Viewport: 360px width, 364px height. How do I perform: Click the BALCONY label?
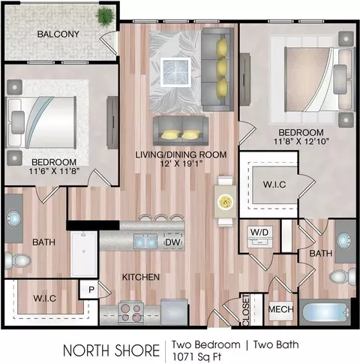click(58, 34)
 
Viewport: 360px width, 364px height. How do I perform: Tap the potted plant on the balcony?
click(105, 16)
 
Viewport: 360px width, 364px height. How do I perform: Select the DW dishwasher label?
click(173, 242)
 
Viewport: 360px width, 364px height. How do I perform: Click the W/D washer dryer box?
click(259, 236)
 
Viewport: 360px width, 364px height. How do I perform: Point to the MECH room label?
click(280, 309)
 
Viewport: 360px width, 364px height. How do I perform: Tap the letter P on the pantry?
click(91, 290)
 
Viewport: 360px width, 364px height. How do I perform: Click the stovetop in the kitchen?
click(130, 311)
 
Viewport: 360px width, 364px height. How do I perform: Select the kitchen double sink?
click(145, 242)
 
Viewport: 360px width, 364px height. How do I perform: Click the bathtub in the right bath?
click(325, 312)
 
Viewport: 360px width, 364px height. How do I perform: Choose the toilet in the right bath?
click(343, 277)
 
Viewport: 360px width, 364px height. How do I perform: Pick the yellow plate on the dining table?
click(225, 201)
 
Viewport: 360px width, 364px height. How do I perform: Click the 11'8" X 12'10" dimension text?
click(301, 142)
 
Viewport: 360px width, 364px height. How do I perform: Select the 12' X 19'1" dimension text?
click(181, 164)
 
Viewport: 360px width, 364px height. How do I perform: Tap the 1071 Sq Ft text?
click(197, 356)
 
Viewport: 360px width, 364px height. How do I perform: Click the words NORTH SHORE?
click(112, 350)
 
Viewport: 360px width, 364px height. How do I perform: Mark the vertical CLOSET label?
click(246, 310)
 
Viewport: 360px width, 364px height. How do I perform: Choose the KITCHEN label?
click(141, 277)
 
